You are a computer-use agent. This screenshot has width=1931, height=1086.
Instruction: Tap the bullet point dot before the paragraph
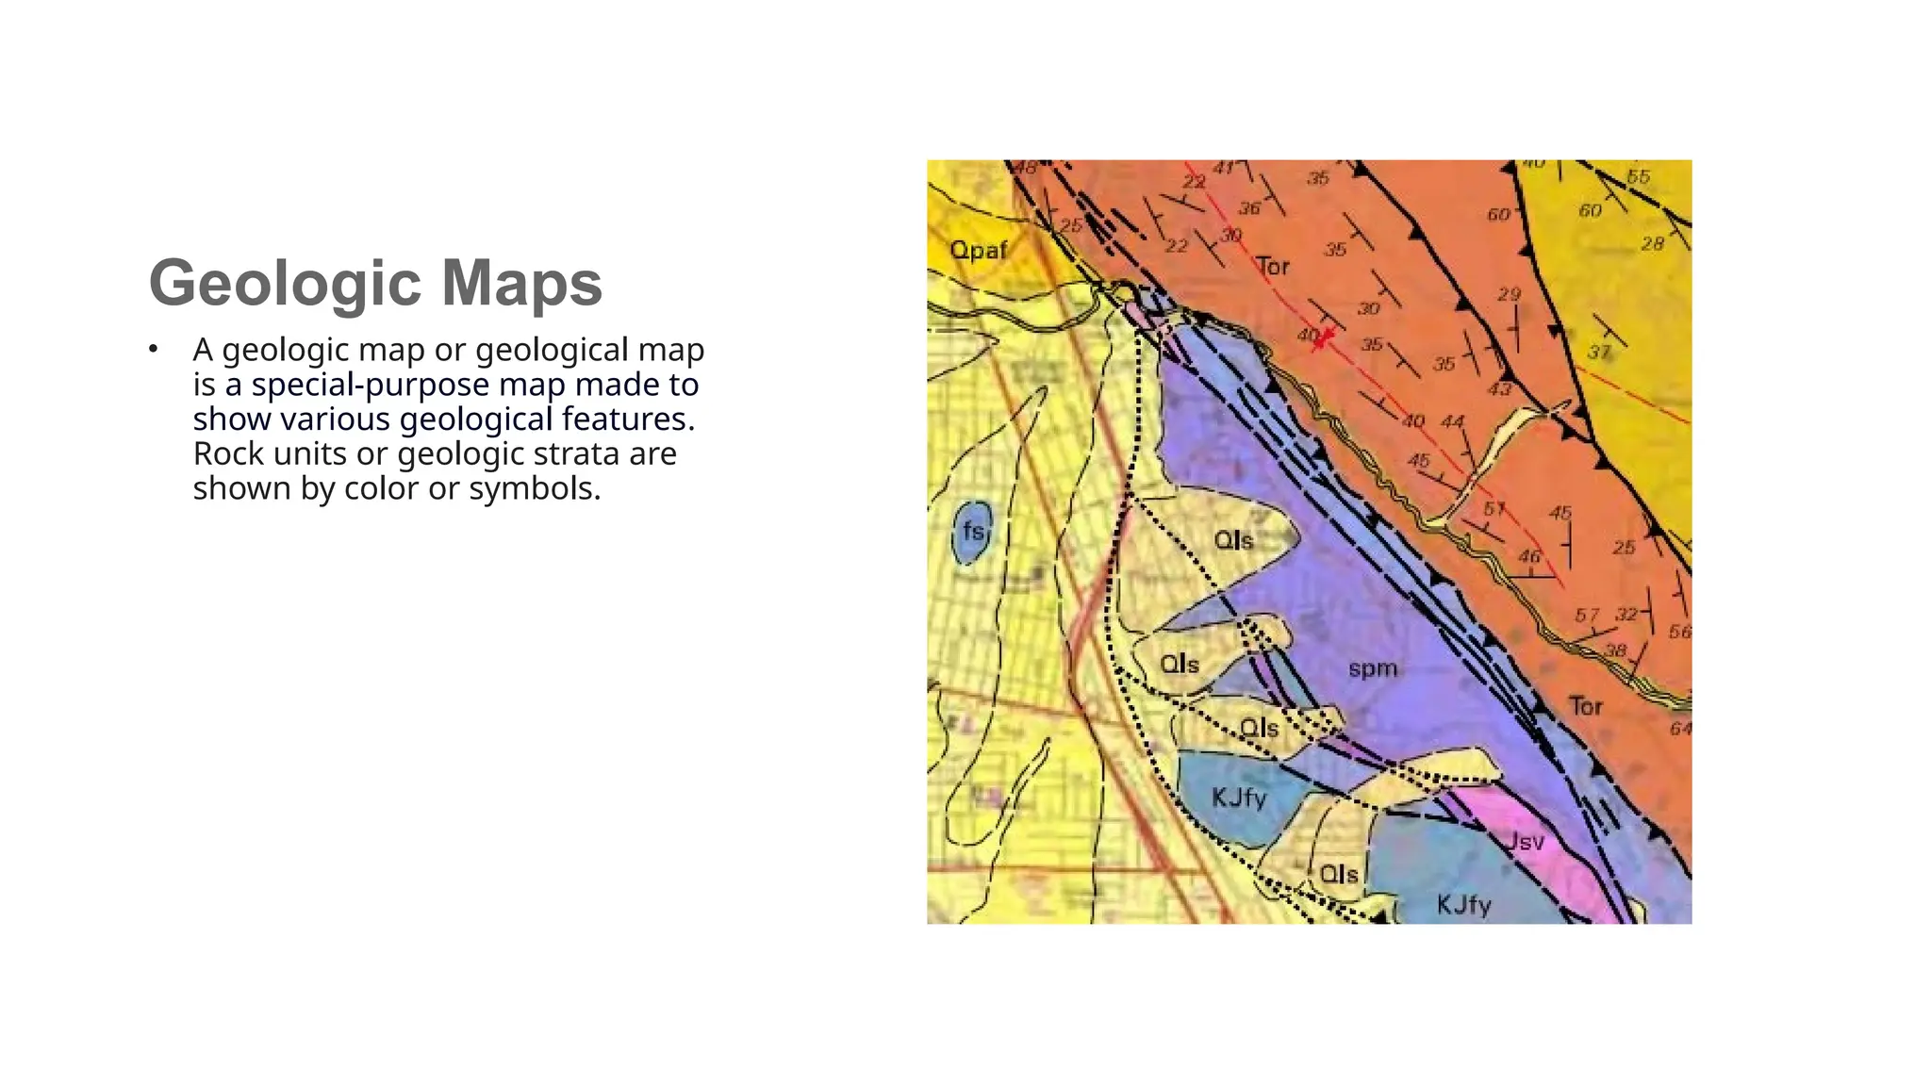[153, 350]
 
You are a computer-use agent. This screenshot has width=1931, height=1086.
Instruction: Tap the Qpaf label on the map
[978, 250]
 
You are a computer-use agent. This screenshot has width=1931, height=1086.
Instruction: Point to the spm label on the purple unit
[1373, 668]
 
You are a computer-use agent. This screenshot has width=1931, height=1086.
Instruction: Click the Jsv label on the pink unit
[1525, 841]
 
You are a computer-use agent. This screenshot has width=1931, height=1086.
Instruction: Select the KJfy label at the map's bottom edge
[1463, 906]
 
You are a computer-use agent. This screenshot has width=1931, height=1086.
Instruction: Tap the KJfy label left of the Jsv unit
[1239, 798]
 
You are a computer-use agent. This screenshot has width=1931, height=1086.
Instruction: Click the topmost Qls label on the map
[1233, 540]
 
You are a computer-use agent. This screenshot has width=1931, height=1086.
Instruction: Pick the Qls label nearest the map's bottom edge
[1339, 874]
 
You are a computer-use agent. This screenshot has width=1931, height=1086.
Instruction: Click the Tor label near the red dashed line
[1273, 267]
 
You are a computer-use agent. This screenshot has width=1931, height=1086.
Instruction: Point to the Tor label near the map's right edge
[1586, 706]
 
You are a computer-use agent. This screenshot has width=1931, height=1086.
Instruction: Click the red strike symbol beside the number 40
[1325, 337]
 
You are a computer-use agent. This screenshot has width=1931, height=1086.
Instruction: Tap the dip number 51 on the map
[1494, 509]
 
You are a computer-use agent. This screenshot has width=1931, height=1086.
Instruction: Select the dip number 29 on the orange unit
[1510, 294]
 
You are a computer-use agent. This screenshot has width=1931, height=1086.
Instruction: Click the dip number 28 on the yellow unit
[1652, 244]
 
